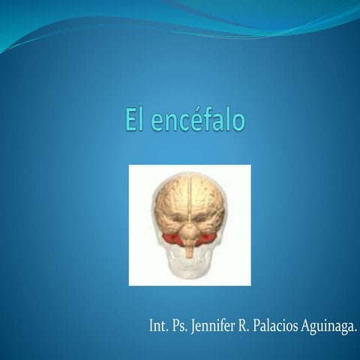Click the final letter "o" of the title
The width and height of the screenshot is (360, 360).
click(x=238, y=122)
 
